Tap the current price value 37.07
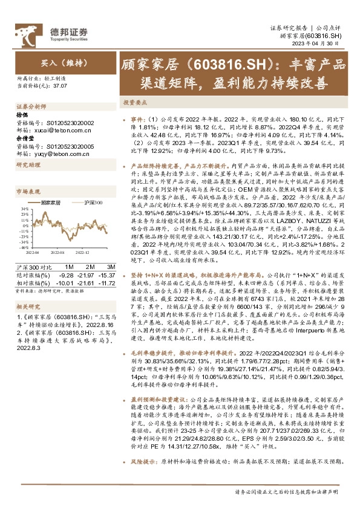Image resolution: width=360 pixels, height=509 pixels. (x=58, y=86)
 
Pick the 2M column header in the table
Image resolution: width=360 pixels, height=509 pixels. (x=89, y=267)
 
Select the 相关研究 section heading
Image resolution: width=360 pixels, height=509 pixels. (x=28, y=306)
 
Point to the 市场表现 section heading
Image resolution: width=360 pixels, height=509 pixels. (x=28, y=190)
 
